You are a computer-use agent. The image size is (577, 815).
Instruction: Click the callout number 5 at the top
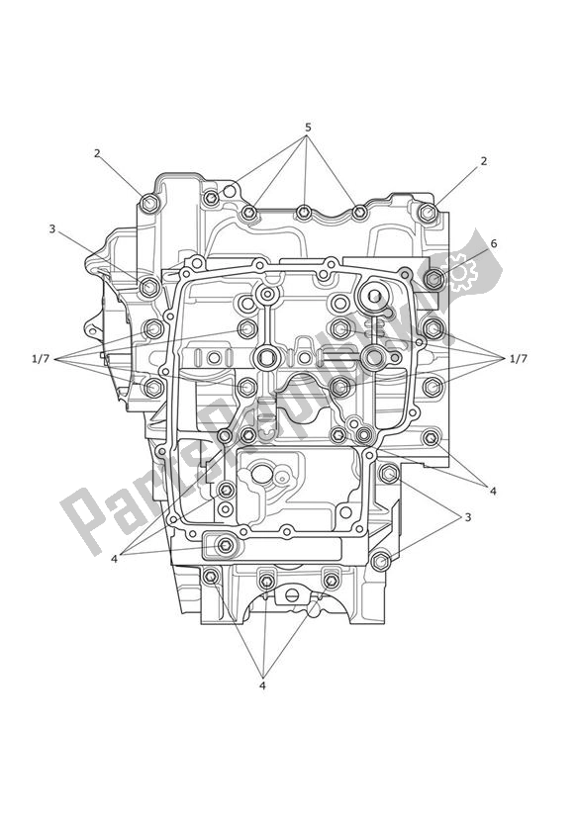(308, 128)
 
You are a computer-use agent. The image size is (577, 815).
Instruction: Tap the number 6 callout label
(494, 243)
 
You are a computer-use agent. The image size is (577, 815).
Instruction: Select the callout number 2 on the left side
(97, 153)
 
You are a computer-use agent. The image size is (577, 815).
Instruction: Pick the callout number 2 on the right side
(484, 161)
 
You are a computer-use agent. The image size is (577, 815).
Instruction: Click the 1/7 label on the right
(517, 358)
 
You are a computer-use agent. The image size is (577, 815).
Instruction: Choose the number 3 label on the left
(51, 228)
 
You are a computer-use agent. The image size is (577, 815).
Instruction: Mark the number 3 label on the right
(468, 517)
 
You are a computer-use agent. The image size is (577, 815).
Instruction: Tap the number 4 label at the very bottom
(262, 685)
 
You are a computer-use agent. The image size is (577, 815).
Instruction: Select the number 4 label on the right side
(493, 491)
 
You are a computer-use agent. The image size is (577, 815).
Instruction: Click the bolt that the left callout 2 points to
(149, 204)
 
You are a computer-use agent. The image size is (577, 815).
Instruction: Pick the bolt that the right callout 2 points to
(427, 213)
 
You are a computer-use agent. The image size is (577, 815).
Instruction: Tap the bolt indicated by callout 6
(433, 279)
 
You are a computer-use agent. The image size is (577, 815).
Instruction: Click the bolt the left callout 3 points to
(148, 288)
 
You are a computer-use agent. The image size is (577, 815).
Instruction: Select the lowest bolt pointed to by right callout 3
(380, 562)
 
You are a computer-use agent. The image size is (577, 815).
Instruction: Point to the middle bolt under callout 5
(304, 213)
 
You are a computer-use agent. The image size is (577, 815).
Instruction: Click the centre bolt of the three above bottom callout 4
(266, 581)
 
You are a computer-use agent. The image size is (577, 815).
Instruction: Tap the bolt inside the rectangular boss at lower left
(226, 546)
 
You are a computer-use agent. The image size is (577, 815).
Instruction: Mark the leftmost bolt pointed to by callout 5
(249, 212)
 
